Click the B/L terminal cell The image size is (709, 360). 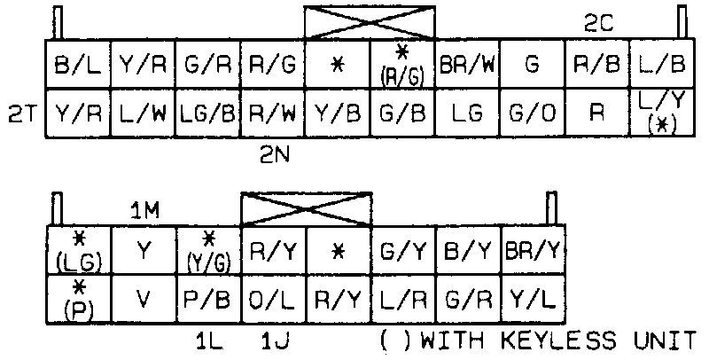point(76,64)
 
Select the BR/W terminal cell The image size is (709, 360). point(466,64)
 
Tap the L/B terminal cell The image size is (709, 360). point(663,64)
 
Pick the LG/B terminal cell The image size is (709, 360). point(206,113)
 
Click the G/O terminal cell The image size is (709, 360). point(532,113)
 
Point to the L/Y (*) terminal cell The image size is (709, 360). point(663,113)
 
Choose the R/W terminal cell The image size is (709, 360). point(271,113)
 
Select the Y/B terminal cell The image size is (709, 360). point(337,113)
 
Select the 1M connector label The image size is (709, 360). point(144,210)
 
